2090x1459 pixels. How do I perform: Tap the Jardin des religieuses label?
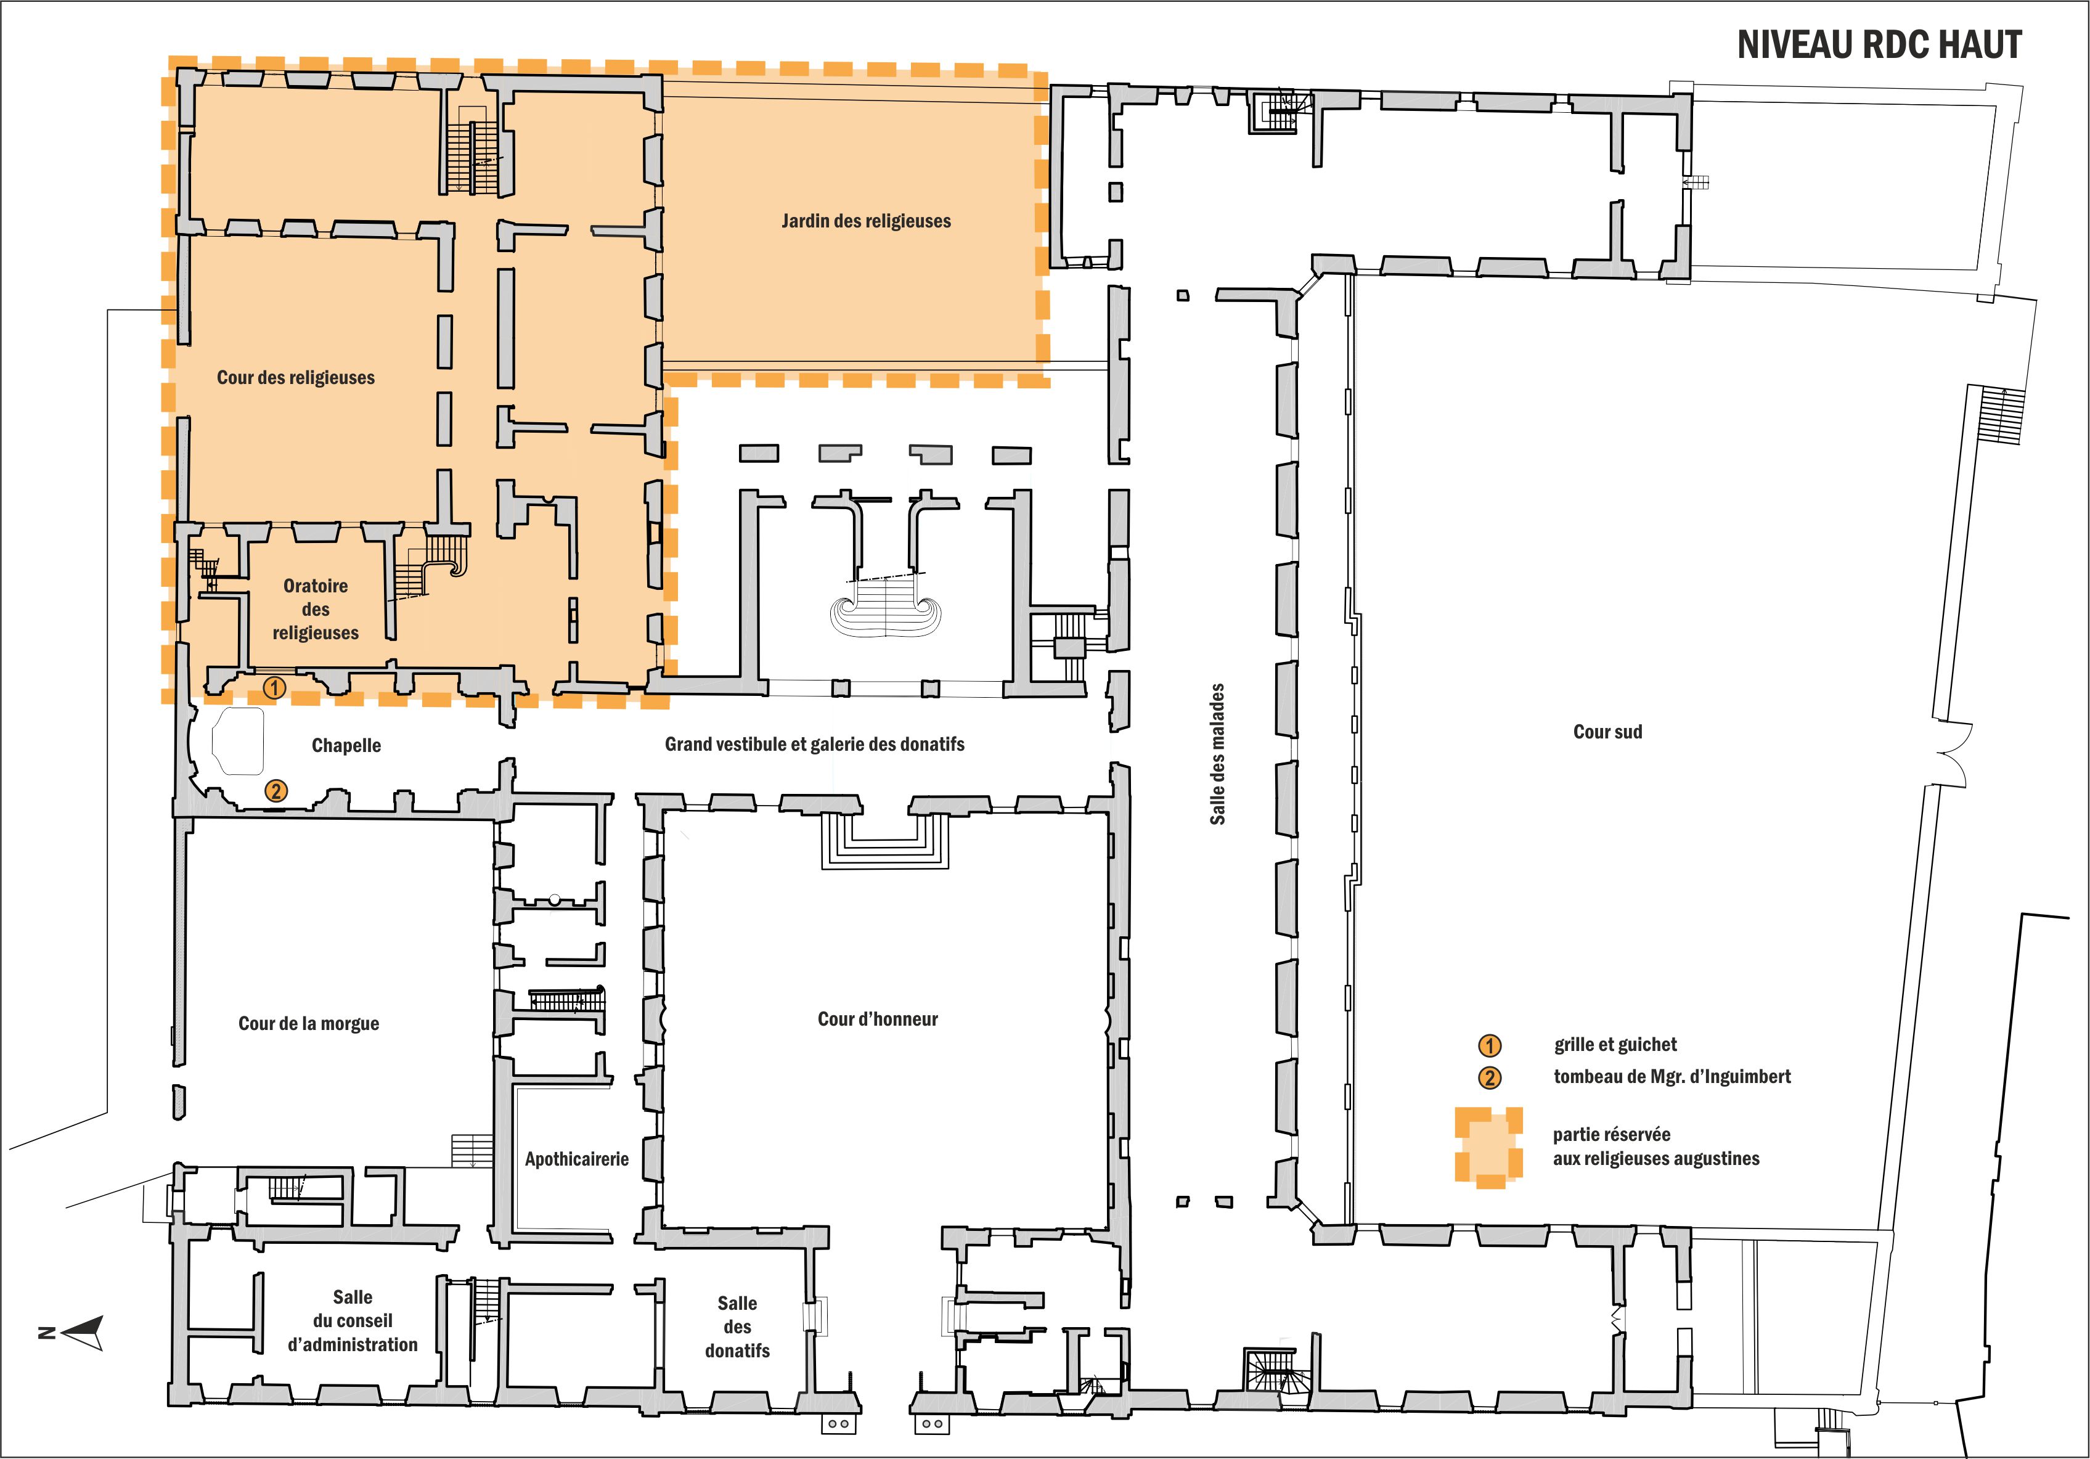click(866, 221)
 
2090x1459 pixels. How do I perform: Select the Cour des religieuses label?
click(296, 378)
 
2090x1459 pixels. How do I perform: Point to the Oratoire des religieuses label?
click(315, 609)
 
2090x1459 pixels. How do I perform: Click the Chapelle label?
click(346, 745)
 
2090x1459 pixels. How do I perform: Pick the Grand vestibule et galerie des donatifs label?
click(815, 745)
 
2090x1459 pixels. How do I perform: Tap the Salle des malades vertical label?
click(1217, 754)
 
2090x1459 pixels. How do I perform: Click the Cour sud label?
click(1607, 732)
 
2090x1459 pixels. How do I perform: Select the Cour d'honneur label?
click(878, 1020)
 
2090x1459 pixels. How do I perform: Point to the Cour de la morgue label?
click(309, 1024)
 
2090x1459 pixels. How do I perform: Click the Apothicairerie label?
click(576, 1159)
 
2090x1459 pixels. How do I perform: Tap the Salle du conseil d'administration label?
click(353, 1321)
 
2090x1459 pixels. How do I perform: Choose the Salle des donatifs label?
click(737, 1327)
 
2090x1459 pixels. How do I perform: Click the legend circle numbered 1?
click(1489, 1046)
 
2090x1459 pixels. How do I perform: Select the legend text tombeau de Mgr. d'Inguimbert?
click(1672, 1077)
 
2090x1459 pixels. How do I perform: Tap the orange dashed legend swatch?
click(1488, 1148)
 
